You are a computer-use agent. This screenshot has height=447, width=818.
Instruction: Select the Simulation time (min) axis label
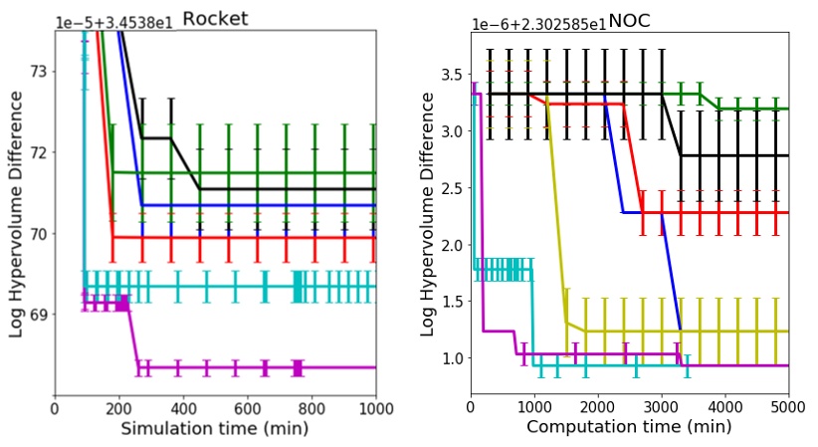pyautogui.click(x=214, y=429)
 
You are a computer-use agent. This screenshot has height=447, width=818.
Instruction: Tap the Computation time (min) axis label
pyautogui.click(x=629, y=427)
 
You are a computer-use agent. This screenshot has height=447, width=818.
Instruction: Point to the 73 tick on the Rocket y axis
pyautogui.click(x=40, y=72)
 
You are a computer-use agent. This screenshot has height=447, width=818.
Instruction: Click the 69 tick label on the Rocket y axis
pyautogui.click(x=40, y=315)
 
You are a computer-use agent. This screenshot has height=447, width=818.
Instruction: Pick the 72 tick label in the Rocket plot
pyautogui.click(x=40, y=152)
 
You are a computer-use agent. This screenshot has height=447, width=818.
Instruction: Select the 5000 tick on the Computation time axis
pyautogui.click(x=787, y=406)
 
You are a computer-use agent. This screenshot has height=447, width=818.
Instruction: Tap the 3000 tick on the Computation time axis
pyautogui.click(x=661, y=406)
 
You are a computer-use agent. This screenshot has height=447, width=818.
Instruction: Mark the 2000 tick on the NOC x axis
pyautogui.click(x=597, y=406)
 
